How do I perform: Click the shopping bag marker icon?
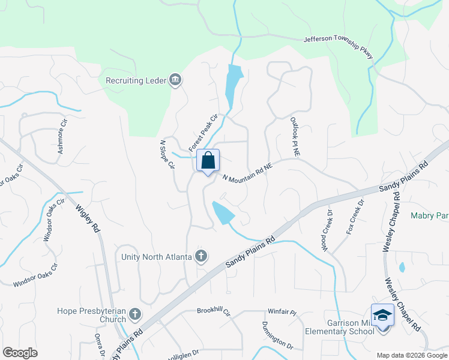coord(208,161)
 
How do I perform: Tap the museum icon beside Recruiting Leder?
coord(176,80)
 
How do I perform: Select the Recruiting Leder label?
coord(136,80)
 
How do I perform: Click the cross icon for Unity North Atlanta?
coord(201,256)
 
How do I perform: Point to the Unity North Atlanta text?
coord(156,257)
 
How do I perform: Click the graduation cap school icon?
coord(383,315)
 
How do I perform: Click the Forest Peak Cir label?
coord(202,133)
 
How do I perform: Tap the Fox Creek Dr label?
coord(355,219)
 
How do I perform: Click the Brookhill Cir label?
coord(214,311)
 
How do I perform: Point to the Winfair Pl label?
coord(282,313)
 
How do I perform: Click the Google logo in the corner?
coord(20,353)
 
